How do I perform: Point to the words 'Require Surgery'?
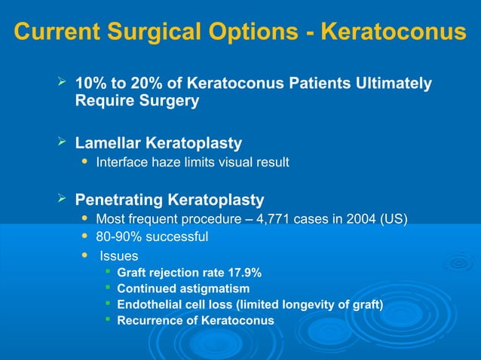pos(137,101)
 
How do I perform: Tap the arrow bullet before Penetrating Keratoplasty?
pos(63,199)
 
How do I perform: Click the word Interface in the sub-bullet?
pos(121,162)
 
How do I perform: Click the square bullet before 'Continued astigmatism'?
pos(109,288)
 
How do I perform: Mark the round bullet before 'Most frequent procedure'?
pos(84,218)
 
